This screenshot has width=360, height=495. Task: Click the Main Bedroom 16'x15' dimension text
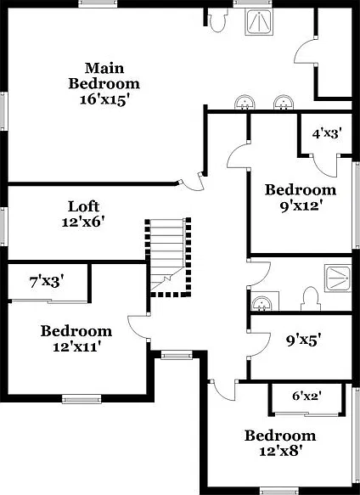pos(104,100)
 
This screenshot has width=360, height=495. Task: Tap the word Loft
pos(84,206)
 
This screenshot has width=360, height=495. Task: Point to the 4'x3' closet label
pos(327,134)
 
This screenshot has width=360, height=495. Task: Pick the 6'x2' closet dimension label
pos(307,396)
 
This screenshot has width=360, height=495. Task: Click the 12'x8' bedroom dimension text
pos(278,451)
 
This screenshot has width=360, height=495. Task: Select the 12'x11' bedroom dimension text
pos(76,347)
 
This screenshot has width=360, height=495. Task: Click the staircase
pos(167,257)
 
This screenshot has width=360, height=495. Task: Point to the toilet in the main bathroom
pos(217,21)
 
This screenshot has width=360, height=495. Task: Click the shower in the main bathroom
pos(259,21)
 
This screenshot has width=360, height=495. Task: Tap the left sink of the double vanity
pos(245,102)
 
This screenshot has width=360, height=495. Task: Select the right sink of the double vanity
pos(284,102)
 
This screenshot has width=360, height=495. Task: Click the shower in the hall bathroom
pos(338,278)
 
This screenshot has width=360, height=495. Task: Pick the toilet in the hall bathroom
pos(311,299)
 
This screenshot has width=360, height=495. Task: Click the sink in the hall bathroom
pos(262,303)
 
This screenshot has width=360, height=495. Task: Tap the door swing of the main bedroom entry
pos(193,183)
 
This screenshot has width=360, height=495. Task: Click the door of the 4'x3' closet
pos(325,166)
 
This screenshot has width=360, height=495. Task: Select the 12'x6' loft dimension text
pos(83,222)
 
